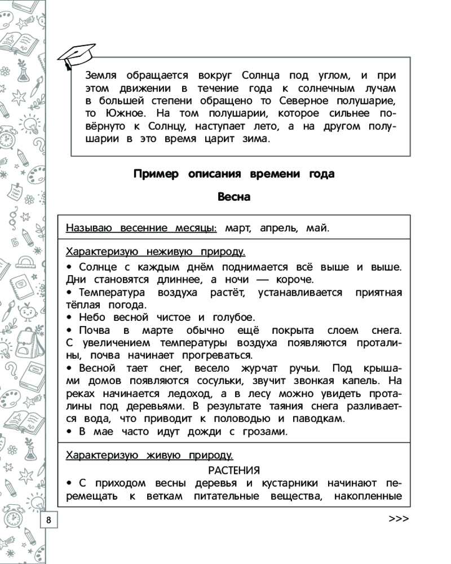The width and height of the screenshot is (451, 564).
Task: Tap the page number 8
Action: tap(48, 520)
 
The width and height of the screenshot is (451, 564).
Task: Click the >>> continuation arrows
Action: tap(398, 520)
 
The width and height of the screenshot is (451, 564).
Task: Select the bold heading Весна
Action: tap(233, 197)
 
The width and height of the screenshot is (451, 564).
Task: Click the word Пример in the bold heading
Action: tap(152, 174)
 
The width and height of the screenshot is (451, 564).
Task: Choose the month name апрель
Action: tap(280, 228)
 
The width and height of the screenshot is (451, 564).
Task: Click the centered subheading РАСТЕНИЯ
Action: tap(233, 470)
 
